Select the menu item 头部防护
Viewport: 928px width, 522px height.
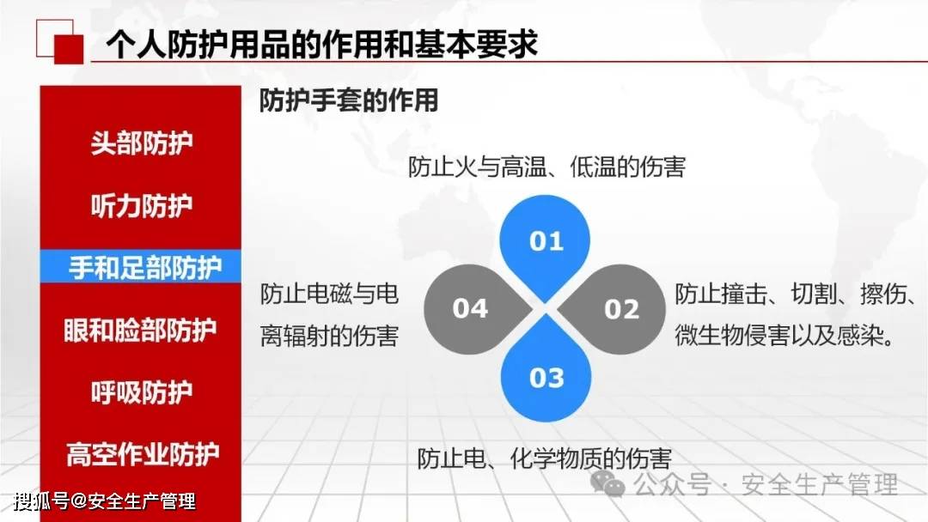click(142, 143)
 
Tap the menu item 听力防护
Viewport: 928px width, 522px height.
click(142, 206)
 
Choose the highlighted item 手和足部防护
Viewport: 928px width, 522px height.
click(145, 267)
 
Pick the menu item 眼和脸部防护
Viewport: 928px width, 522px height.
click(140, 330)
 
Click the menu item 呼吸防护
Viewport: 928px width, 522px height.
click(142, 392)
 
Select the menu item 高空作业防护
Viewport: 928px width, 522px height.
click(143, 454)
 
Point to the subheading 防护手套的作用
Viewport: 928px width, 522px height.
click(349, 100)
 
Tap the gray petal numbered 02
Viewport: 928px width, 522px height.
click(613, 309)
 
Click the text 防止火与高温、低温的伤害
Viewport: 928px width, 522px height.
click(546, 167)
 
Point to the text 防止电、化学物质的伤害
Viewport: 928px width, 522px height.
click(545, 458)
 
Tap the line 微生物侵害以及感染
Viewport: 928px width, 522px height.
click(785, 336)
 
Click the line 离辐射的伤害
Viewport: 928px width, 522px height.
click(329, 336)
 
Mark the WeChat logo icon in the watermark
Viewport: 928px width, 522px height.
click(607, 484)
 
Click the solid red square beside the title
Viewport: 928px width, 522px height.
click(69, 49)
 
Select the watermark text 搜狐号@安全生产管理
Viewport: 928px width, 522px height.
click(105, 501)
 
